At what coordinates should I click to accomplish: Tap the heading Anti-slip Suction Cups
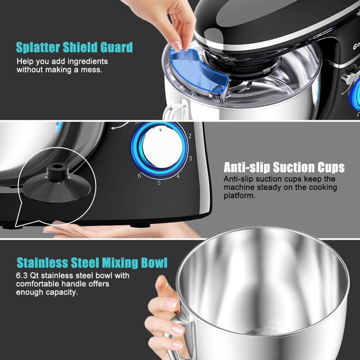(284, 167)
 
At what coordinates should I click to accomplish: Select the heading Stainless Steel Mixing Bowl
(92, 263)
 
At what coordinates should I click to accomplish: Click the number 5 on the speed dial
(159, 182)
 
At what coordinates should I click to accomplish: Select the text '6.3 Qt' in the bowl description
(29, 276)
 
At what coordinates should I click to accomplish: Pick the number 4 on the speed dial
(178, 176)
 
